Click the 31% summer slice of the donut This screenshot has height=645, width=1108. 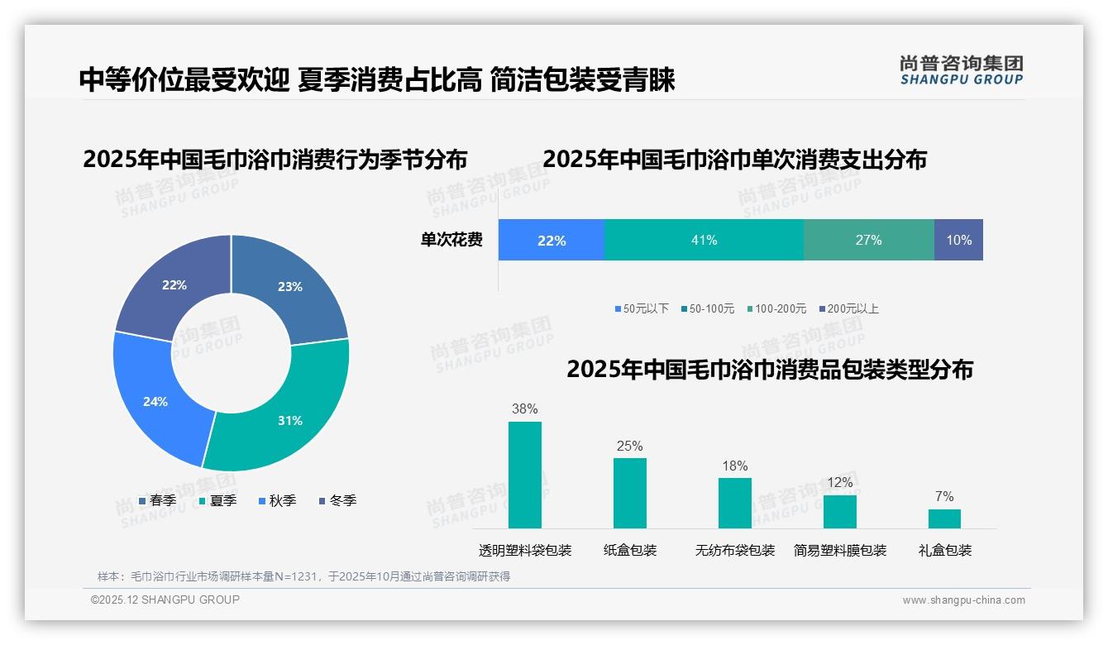(285, 413)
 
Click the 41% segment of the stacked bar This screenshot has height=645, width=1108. (704, 240)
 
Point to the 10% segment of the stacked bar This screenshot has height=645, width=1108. (958, 240)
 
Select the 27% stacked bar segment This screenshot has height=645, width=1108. (868, 240)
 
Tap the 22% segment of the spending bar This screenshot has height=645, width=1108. (552, 240)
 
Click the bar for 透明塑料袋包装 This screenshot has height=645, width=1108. (524, 475)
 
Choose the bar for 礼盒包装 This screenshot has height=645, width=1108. (944, 518)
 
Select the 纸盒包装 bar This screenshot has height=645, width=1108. (629, 493)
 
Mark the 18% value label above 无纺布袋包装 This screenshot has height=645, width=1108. (734, 466)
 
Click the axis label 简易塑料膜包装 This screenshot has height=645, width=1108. (839, 551)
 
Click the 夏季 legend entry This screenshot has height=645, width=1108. (218, 500)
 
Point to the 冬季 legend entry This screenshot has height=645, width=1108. (337, 500)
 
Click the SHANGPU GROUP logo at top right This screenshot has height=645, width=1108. (961, 70)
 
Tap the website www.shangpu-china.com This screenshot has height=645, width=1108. (963, 600)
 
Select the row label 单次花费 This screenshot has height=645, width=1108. (451, 241)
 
